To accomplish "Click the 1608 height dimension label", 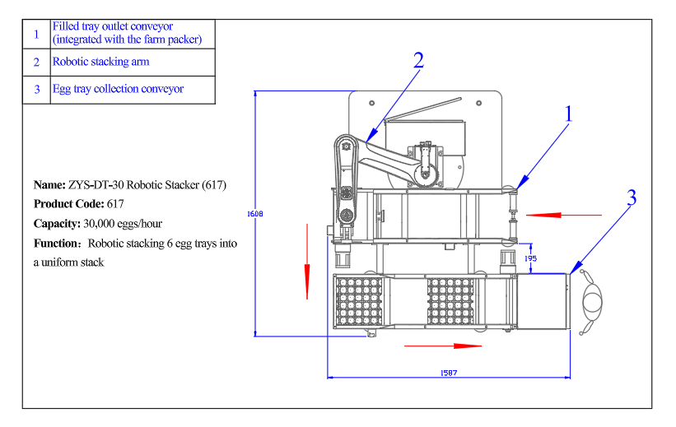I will [x=255, y=214].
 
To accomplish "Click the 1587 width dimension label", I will [x=448, y=373].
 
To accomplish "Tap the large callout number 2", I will [x=418, y=60].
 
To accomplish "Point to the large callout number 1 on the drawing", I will [x=568, y=114].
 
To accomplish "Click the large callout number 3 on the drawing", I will [x=632, y=198].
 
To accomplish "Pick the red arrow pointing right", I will [x=443, y=346].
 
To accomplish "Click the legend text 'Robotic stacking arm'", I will [x=100, y=62].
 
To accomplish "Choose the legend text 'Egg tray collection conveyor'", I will [x=118, y=89].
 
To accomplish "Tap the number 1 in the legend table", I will [x=36, y=35].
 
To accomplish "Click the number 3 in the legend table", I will [x=36, y=90].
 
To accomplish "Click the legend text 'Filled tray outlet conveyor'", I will [x=113, y=27].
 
